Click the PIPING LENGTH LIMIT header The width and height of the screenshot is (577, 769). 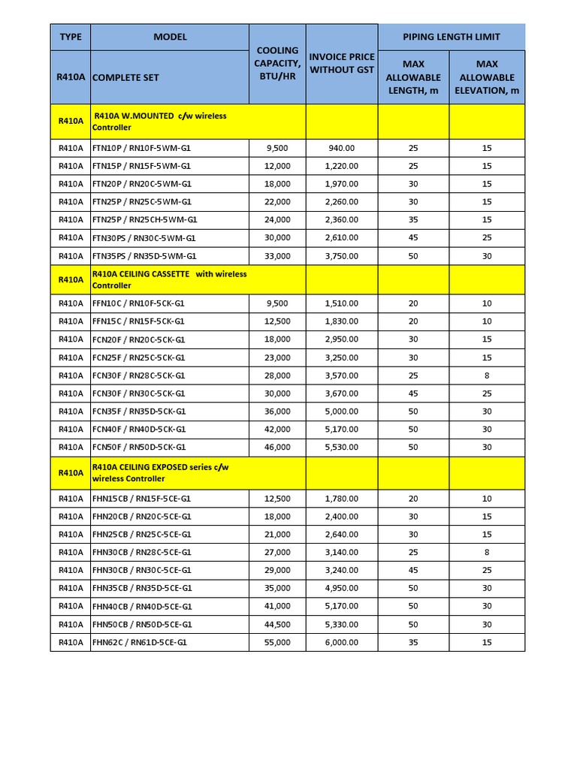(x=451, y=37)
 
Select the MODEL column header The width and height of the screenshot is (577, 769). (x=170, y=37)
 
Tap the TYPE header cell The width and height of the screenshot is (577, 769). (x=71, y=37)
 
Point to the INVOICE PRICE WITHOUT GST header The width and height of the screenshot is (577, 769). (x=342, y=63)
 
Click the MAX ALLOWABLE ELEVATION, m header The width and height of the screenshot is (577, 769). (x=487, y=77)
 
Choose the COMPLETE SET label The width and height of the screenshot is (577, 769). (x=126, y=77)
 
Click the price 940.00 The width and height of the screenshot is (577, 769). (x=342, y=148)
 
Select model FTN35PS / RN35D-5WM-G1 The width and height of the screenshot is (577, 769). (x=143, y=255)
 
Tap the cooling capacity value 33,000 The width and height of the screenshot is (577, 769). (x=277, y=255)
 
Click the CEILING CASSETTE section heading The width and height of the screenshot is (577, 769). (x=169, y=279)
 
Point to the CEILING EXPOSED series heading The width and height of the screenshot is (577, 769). (x=160, y=472)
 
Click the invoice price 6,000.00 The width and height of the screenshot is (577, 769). (x=342, y=642)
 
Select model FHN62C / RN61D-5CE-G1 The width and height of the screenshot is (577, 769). (x=140, y=642)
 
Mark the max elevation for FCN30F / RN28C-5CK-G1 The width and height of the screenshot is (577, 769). (x=487, y=375)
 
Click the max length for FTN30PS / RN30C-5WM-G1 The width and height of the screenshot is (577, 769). (x=413, y=237)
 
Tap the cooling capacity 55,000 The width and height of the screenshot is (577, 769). (x=277, y=642)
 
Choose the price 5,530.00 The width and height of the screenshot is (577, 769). (x=342, y=447)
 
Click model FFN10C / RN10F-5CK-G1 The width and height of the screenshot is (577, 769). (x=138, y=303)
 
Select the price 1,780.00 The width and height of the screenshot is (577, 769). (x=342, y=499)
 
